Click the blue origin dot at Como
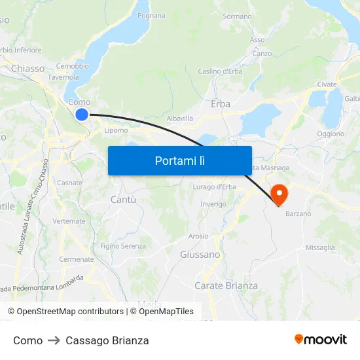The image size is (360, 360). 82,115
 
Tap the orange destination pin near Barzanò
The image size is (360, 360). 279,192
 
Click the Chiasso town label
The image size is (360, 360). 28,68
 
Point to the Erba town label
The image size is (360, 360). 221,104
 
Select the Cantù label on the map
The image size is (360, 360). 124,199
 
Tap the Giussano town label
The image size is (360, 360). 200,255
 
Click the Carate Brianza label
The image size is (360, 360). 226,285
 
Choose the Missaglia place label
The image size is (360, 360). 320,247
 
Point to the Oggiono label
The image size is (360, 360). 331,134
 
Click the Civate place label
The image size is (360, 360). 327,84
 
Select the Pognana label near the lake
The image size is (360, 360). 152,15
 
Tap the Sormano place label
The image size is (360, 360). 237,16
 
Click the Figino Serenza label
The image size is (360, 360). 123,246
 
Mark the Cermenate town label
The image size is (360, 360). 77,259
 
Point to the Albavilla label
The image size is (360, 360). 180,118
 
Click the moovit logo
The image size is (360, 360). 321,339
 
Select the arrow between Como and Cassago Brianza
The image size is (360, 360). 54,340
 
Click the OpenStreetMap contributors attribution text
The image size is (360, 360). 70,312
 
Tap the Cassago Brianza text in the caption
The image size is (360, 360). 107,340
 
